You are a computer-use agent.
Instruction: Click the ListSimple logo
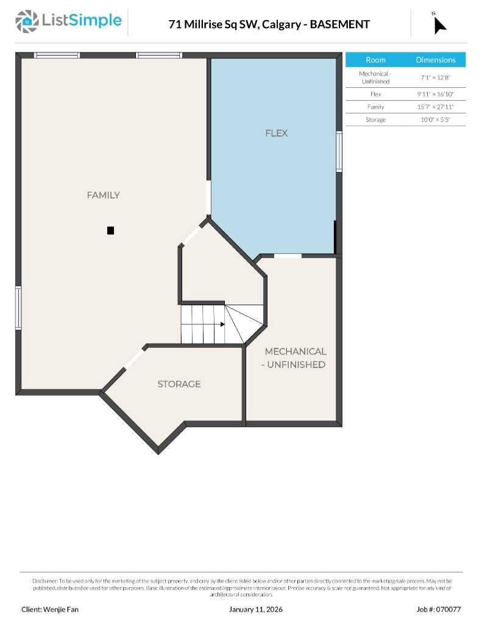pyautogui.click(x=68, y=21)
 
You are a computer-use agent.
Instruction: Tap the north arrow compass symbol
pyautogui.click(x=439, y=24)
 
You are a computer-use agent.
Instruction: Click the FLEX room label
pyautogui.click(x=276, y=133)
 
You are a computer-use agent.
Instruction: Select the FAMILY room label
pyautogui.click(x=103, y=195)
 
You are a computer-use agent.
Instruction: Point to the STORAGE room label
pyautogui.click(x=179, y=384)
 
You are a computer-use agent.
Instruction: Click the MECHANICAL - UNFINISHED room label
pyautogui.click(x=295, y=358)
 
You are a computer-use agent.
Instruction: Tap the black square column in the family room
pyautogui.click(x=110, y=230)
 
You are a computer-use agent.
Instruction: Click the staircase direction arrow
pyautogui.click(x=223, y=325)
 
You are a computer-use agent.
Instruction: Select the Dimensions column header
pyautogui.click(x=436, y=60)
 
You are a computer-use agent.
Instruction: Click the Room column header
pyautogui.click(x=375, y=60)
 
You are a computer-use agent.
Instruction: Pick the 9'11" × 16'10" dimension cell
pyautogui.click(x=436, y=94)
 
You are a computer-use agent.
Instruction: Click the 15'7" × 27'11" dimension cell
pyautogui.click(x=436, y=107)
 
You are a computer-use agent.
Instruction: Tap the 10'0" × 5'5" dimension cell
pyautogui.click(x=436, y=120)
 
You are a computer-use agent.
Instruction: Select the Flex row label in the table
pyautogui.click(x=375, y=94)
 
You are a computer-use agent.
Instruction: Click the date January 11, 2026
pyautogui.click(x=256, y=609)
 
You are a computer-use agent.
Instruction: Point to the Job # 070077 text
pyautogui.click(x=439, y=609)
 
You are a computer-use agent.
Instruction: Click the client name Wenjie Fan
pyautogui.click(x=50, y=609)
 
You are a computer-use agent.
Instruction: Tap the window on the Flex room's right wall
pyautogui.click(x=339, y=151)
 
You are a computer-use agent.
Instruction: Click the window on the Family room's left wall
pyautogui.click(x=18, y=308)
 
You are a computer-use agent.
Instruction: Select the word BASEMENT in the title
pyautogui.click(x=340, y=24)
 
